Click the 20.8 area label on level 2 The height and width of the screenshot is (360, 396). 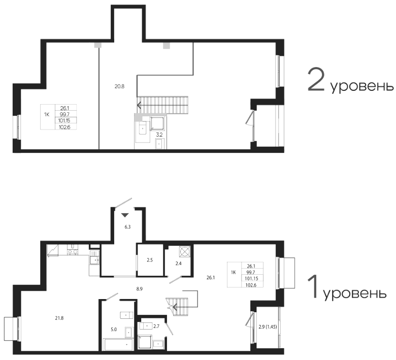tap(119, 86)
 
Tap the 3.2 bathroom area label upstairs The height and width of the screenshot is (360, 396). tap(159, 135)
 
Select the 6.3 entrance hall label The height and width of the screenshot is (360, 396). tap(127, 227)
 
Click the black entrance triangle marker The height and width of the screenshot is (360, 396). tap(125, 215)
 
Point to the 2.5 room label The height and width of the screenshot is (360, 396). tap(150, 260)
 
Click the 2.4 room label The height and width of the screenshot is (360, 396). tap(179, 264)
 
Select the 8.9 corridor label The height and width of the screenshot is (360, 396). tap(140, 289)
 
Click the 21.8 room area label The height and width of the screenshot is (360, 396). tap(59, 318)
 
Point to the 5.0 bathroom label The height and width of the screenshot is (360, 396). tap(114, 330)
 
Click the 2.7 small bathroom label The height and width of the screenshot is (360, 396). tap(156, 326)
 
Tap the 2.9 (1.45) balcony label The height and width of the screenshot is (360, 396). tap(268, 327)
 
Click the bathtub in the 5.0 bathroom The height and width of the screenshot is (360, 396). tap(119, 345)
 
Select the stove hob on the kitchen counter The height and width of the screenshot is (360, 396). tap(73, 252)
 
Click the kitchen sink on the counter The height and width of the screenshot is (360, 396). tap(94, 260)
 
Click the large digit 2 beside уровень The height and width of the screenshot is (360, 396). tap(316, 79)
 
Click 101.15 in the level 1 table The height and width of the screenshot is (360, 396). tap(251, 279)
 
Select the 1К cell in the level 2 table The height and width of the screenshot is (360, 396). tap(47, 115)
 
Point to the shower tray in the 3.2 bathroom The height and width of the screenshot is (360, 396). tap(157, 123)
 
